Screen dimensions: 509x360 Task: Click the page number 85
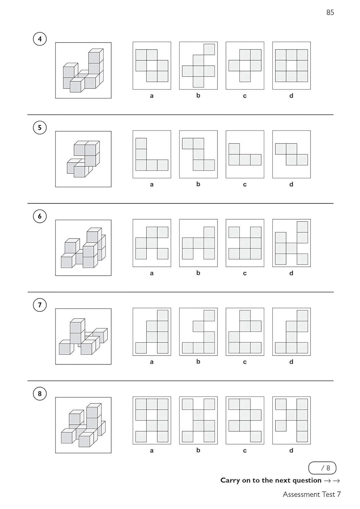pos(330,13)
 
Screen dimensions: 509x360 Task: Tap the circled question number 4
pos(40,39)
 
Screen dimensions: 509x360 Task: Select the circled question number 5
pos(40,128)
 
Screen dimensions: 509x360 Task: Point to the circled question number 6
pos(40,216)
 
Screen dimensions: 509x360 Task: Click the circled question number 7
pos(40,305)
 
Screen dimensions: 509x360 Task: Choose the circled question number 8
pos(40,394)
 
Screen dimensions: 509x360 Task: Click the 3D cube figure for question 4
pos(83,71)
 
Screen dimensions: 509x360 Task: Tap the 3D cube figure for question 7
pos(83,336)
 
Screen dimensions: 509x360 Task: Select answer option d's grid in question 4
pos(291,65)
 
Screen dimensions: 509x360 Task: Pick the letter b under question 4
pos(198,95)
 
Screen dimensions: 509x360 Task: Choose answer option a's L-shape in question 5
pos(152,154)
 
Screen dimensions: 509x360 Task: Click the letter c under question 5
pos(245,184)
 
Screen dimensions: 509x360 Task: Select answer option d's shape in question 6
pos(291,243)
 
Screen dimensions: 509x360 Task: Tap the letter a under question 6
pos(152,273)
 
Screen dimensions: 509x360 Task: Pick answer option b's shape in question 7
pos(198,332)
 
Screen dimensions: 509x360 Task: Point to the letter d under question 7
pos(291,362)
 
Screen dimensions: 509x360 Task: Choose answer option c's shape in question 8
pos(245,420)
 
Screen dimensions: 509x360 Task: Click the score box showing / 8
pos(322,468)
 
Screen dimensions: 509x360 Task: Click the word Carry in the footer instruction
pos(230,480)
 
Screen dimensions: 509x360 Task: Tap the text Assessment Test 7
pos(311,494)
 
